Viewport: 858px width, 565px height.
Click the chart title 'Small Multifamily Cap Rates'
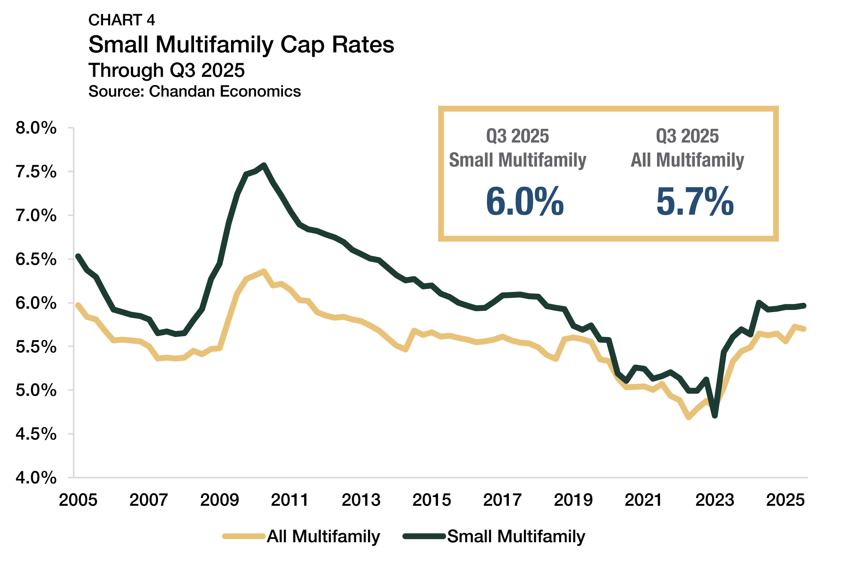pyautogui.click(x=241, y=45)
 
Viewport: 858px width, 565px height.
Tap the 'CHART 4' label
pyautogui.click(x=122, y=20)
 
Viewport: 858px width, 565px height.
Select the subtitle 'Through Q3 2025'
pyautogui.click(x=166, y=70)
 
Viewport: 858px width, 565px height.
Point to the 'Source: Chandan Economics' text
pyautogui.click(x=195, y=91)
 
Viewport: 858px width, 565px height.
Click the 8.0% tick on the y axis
pyautogui.click(x=36, y=128)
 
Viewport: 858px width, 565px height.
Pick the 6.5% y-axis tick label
pyautogui.click(x=36, y=259)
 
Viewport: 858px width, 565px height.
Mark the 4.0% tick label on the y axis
pyautogui.click(x=36, y=477)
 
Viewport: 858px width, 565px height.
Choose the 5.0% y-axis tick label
pyautogui.click(x=36, y=390)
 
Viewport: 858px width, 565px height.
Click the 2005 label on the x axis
pyautogui.click(x=78, y=500)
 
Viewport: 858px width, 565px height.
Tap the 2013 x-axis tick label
pyautogui.click(x=361, y=500)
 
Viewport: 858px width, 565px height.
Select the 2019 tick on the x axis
pyautogui.click(x=573, y=500)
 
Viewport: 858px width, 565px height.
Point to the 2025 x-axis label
pyautogui.click(x=785, y=500)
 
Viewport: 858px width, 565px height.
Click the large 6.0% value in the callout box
pyautogui.click(x=524, y=201)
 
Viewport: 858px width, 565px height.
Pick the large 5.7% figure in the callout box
pyautogui.click(x=695, y=201)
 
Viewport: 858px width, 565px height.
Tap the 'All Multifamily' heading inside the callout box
pyautogui.click(x=687, y=160)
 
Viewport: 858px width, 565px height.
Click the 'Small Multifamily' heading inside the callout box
pyautogui.click(x=517, y=160)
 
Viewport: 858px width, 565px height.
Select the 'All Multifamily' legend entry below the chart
pyautogui.click(x=323, y=536)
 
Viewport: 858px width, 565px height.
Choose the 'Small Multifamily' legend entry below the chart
pyautogui.click(x=516, y=536)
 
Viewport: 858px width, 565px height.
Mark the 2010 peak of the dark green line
pyautogui.click(x=264, y=165)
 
